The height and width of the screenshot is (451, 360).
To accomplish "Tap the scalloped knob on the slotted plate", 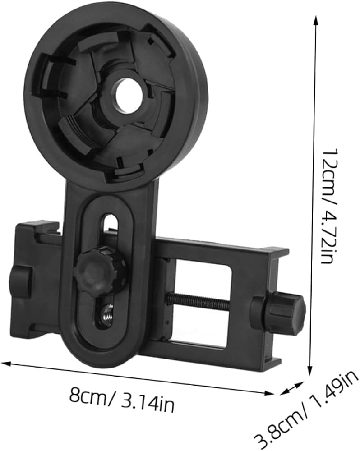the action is (x=98, y=270).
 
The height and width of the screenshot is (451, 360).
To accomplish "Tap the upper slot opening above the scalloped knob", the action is (x=111, y=228).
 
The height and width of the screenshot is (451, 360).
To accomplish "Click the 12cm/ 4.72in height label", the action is (x=327, y=206).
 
